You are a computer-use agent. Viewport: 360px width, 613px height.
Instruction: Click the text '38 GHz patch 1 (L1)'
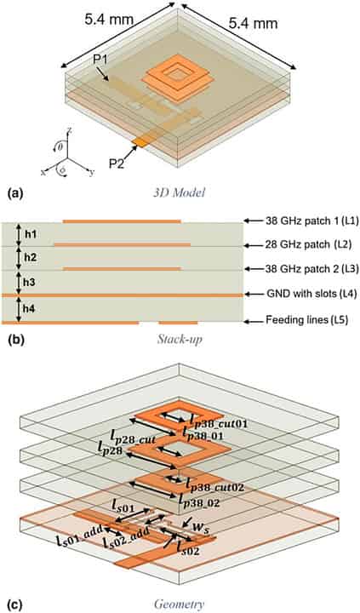300,221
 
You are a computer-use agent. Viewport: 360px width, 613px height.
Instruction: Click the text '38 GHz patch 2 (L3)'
300,269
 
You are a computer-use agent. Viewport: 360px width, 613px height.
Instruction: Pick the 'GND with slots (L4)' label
300,295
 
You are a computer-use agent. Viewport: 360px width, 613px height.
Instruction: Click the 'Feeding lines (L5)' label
300,321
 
